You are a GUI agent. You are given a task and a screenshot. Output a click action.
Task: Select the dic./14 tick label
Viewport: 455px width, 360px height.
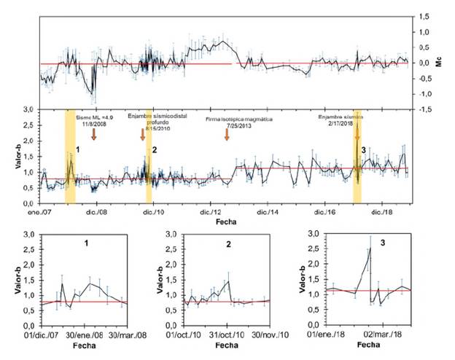267,212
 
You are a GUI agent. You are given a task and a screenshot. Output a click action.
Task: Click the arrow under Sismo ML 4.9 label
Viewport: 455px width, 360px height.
94,134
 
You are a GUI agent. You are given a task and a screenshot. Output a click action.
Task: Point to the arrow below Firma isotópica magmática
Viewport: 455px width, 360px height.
227,134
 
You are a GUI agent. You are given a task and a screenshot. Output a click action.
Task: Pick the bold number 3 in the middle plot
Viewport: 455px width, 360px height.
363,149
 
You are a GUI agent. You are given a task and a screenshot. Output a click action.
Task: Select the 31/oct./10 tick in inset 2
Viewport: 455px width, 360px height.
225,335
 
